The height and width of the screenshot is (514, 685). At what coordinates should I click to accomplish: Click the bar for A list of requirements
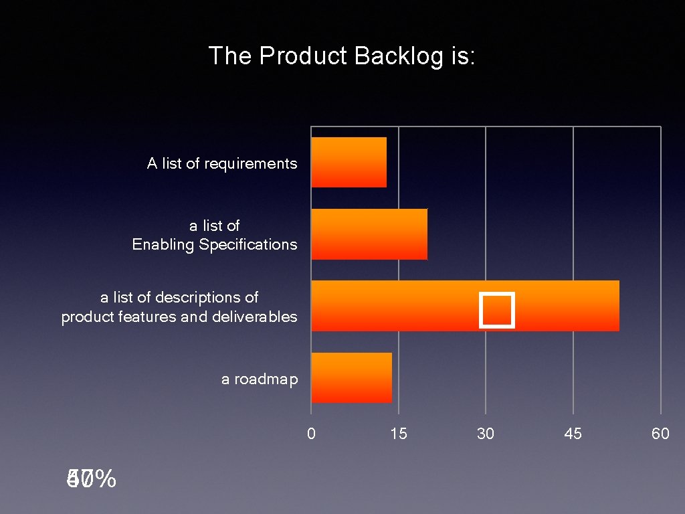[349, 162]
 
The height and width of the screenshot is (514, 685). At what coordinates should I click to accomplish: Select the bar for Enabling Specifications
[369, 234]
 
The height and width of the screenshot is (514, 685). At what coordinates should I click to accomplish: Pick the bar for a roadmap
[351, 377]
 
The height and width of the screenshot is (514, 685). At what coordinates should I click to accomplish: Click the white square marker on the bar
[497, 311]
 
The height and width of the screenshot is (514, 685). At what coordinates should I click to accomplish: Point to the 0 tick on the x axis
[311, 434]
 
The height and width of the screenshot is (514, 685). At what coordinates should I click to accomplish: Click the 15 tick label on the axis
[399, 434]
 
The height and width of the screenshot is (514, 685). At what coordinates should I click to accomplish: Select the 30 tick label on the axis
[486, 434]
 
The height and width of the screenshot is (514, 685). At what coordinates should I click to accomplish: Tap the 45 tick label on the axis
[573, 434]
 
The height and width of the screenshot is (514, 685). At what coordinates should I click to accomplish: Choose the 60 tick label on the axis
[660, 434]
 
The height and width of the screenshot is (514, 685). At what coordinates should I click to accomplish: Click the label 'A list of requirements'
[222, 163]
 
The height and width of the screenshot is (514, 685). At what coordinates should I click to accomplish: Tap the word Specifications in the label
[248, 245]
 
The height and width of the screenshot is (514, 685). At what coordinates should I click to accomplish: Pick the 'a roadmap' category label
[260, 379]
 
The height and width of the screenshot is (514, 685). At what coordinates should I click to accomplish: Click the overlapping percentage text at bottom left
[91, 479]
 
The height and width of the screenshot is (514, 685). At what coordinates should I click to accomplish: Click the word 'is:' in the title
[462, 56]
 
